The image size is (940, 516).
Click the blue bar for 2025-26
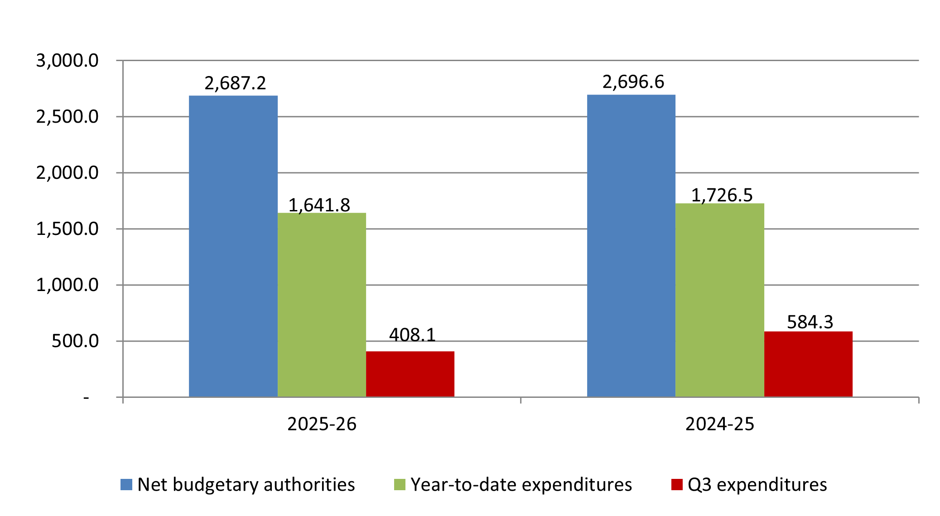click(233, 246)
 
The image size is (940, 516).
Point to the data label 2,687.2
click(235, 83)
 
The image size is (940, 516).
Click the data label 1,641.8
click(319, 205)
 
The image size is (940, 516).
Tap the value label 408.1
click(412, 335)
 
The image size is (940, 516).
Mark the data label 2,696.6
click(633, 82)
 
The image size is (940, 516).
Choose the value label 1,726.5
click(722, 195)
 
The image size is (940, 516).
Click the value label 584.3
click(810, 322)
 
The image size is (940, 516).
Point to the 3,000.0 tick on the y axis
click(67, 61)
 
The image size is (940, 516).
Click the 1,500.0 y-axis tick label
click(67, 229)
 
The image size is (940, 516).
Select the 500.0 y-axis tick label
click(75, 341)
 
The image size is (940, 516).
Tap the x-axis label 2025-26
click(322, 424)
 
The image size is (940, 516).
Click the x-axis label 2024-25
click(719, 424)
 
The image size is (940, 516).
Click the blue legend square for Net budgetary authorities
click(126, 485)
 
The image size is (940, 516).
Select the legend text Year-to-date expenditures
click(521, 485)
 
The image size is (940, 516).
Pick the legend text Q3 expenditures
click(757, 485)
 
